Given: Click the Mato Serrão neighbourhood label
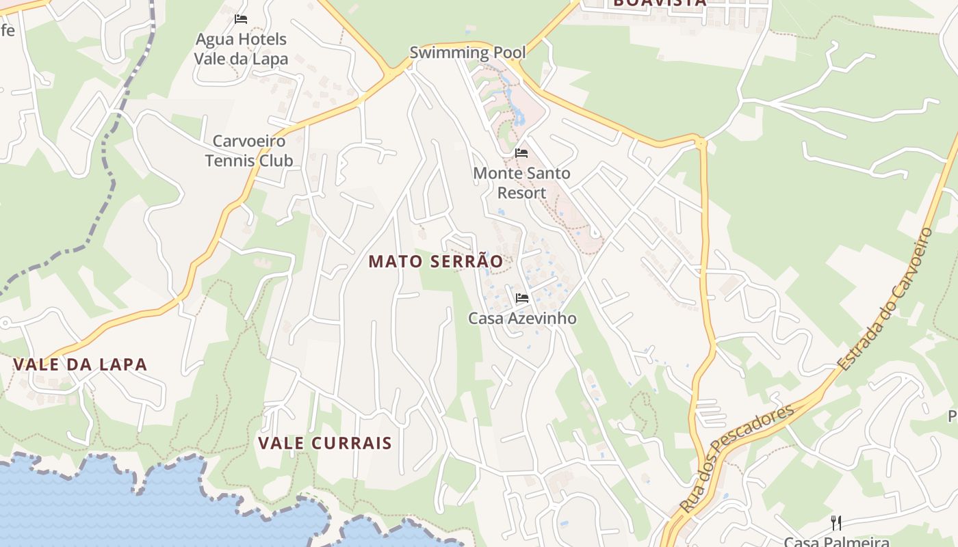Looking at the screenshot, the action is pos(436,261).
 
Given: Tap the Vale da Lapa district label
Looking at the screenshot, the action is pos(80,364).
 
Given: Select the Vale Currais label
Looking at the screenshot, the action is pos(325,443).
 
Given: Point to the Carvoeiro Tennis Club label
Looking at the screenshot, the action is pos(249,151).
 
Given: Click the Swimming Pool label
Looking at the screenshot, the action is pos(467,53).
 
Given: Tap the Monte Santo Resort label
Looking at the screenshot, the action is pos(521,183).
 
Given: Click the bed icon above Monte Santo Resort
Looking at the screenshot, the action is pos(521,153).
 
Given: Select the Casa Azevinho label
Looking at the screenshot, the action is pos(522,319).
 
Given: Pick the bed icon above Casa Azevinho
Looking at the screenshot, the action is pos(521,298).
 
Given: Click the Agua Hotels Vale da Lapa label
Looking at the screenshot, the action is pos(241,49).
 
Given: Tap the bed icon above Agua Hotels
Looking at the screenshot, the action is pos(241,19).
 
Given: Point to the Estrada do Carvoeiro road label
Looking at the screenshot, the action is pos(887,298).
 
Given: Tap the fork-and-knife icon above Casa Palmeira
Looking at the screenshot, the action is pos(836,523).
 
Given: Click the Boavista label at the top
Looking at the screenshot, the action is pos(659,3).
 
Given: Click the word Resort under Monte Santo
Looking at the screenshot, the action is pos(521,193).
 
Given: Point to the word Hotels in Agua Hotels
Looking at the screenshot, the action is pos(260,39).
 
